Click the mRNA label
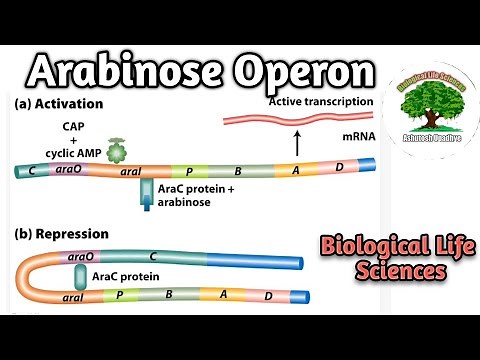[347, 143]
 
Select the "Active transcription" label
[317, 102]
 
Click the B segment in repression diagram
[169, 294]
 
